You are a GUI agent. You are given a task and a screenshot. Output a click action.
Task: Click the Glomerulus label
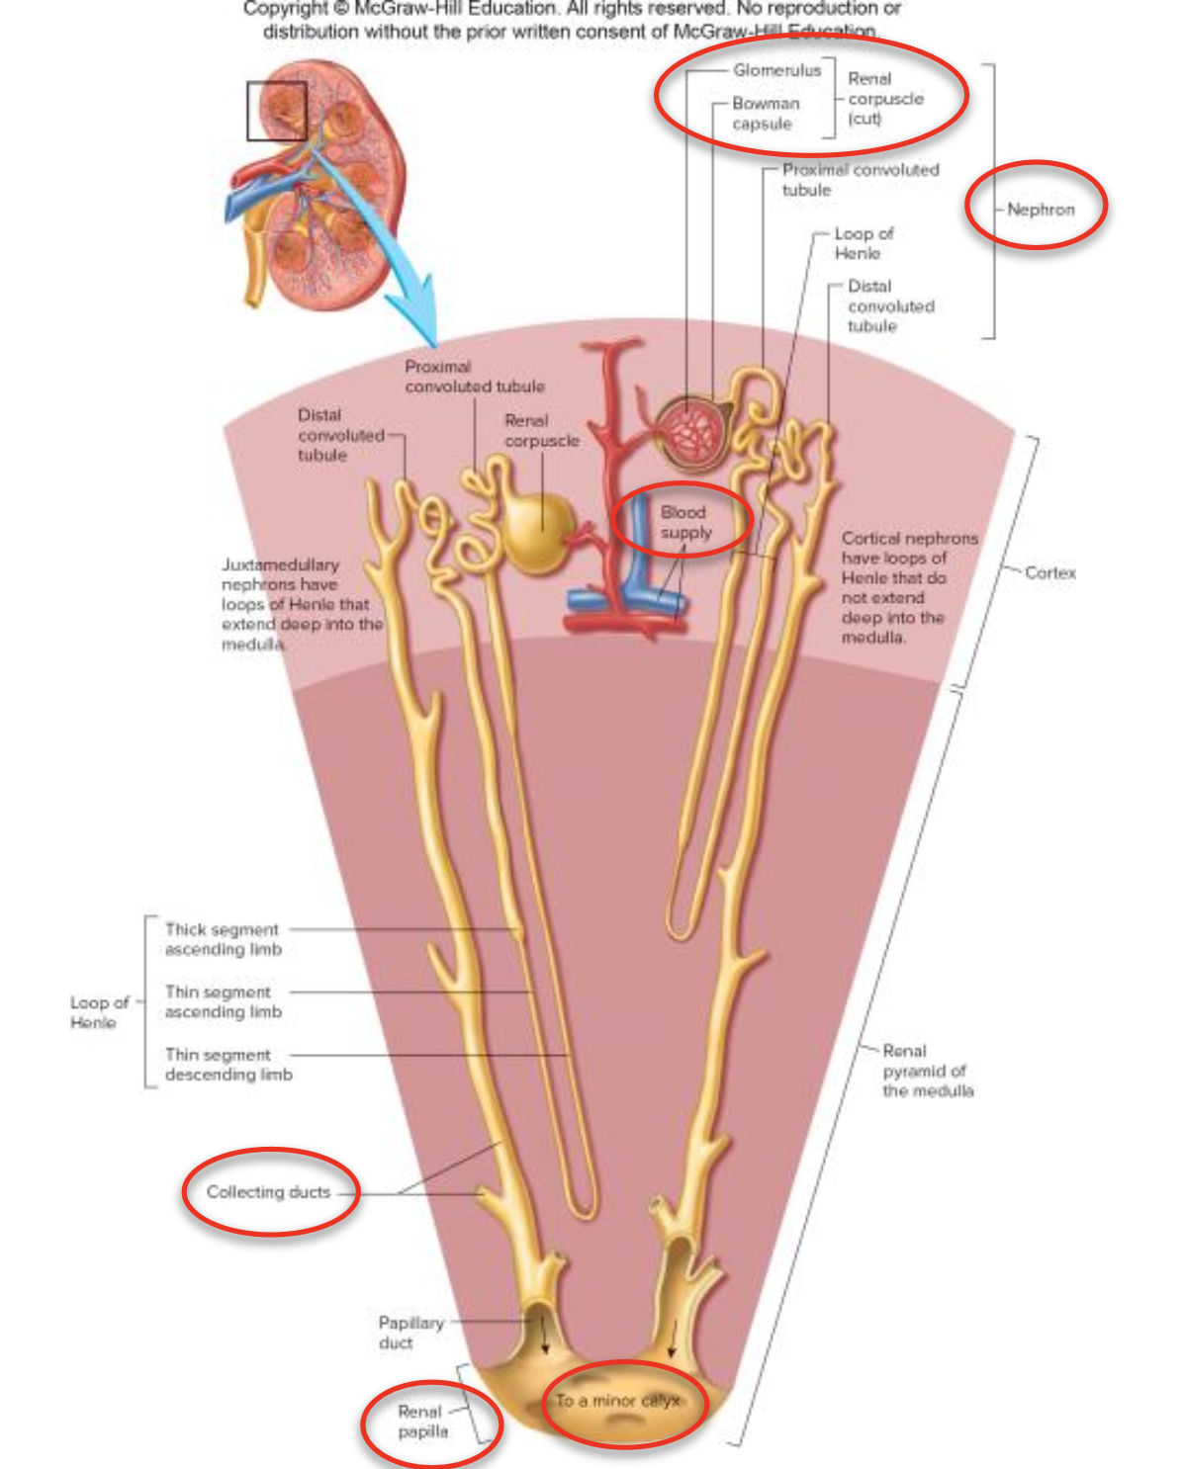point(776,70)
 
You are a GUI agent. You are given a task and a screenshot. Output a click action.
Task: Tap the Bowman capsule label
point(765,113)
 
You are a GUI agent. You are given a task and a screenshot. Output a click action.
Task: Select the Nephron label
point(1040,210)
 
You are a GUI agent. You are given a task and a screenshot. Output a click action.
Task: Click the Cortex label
point(1049,572)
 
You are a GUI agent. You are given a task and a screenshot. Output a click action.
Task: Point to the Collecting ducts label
point(268,1192)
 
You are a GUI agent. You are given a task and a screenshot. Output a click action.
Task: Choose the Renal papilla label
point(422,1422)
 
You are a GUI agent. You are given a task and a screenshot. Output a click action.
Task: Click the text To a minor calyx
point(617,1401)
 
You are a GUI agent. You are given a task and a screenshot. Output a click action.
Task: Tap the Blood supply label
point(685,522)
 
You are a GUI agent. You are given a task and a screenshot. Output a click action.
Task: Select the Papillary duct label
point(410,1333)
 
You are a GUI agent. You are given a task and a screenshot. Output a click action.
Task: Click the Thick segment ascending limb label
point(223,939)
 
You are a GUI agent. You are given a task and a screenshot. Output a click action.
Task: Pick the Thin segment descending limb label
point(227,1065)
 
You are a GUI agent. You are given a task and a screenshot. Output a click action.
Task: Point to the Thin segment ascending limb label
point(223,1001)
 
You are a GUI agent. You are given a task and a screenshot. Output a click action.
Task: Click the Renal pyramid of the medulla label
point(927,1071)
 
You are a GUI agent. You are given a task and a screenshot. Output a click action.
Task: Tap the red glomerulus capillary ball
point(693,431)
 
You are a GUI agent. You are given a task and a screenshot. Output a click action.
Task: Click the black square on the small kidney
point(276,111)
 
